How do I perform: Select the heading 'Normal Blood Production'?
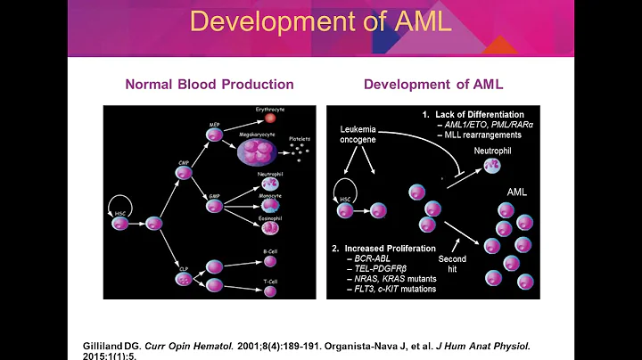tap(209, 85)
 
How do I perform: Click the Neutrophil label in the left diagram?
tap(268, 174)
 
